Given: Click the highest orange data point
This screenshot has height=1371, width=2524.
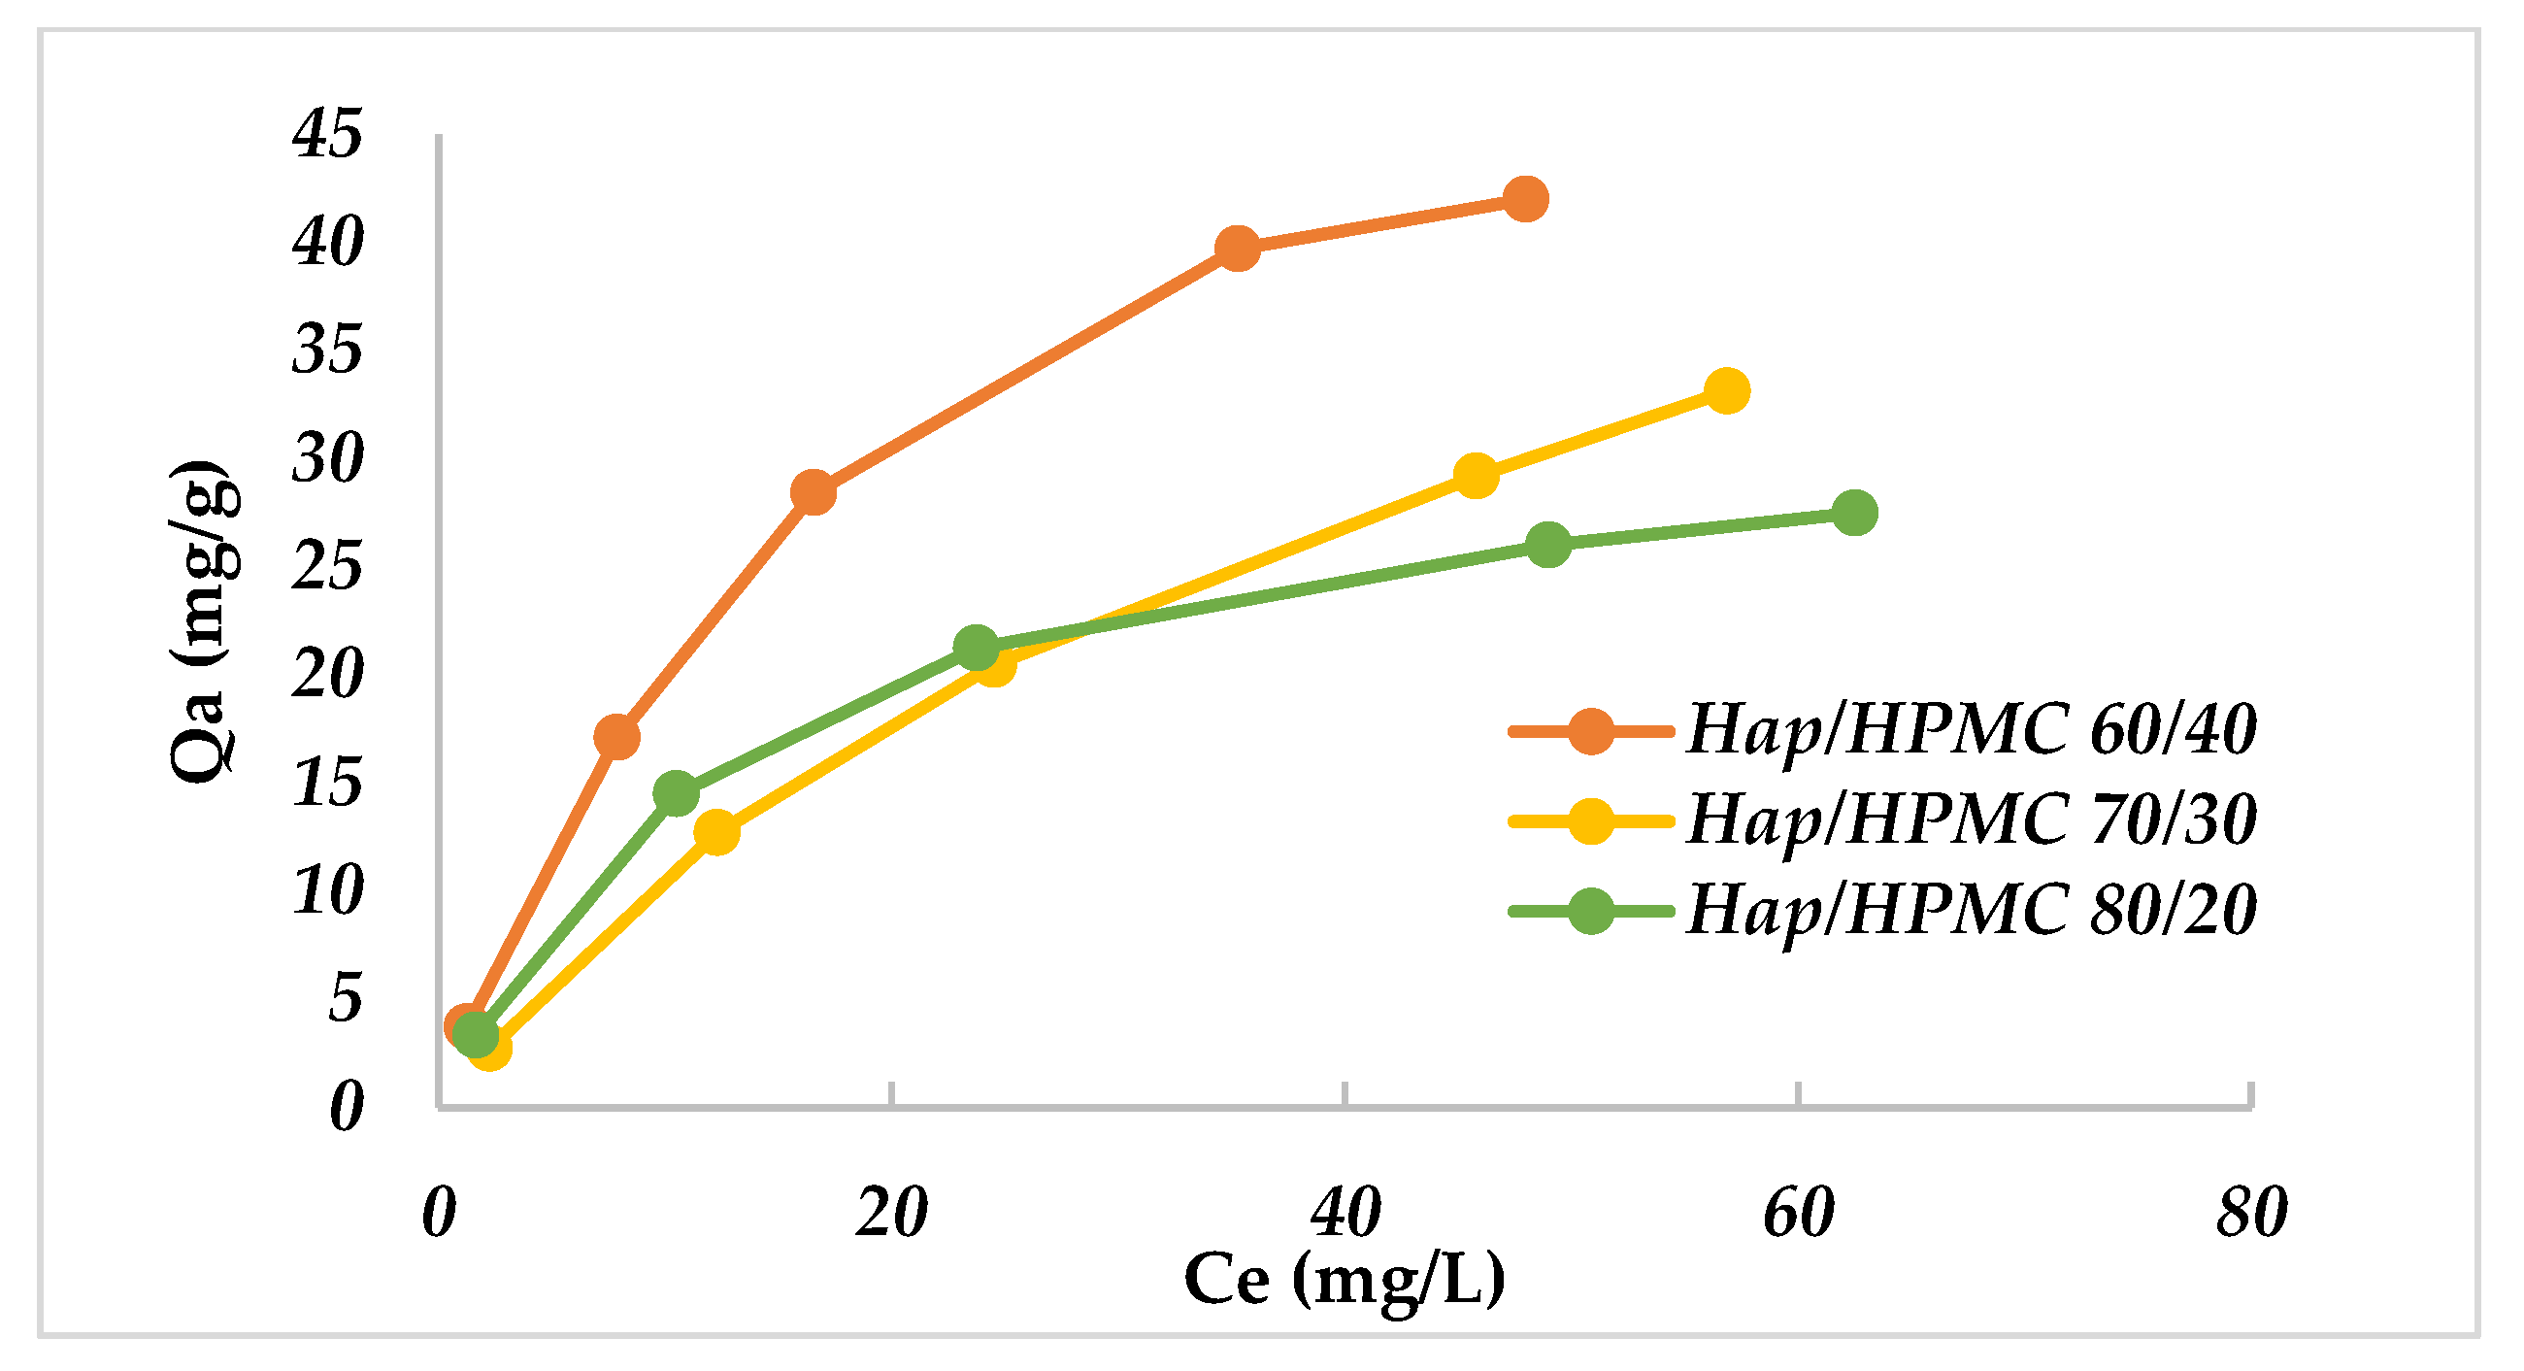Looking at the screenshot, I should pyautogui.click(x=1524, y=200).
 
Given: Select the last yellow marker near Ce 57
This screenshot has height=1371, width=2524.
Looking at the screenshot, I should pyautogui.click(x=1726, y=391).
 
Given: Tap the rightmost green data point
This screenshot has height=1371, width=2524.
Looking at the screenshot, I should pyautogui.click(x=1853, y=513).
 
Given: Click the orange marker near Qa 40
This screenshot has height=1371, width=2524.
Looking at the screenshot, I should pyautogui.click(x=1237, y=248).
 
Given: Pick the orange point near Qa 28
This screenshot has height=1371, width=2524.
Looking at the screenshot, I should pyautogui.click(x=813, y=491).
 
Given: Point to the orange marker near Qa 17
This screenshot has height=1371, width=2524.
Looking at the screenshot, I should pyautogui.click(x=616, y=736).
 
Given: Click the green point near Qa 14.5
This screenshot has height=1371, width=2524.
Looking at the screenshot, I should pyautogui.click(x=675, y=792).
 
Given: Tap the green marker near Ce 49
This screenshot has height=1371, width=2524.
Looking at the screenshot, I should pyautogui.click(x=1547, y=544).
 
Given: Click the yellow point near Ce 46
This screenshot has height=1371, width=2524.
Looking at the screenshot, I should pyautogui.click(x=1476, y=476).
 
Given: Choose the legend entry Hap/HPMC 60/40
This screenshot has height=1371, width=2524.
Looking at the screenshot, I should pyautogui.click(x=1972, y=730).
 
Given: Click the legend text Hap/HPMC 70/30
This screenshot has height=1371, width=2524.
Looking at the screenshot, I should pyautogui.click(x=1972, y=820).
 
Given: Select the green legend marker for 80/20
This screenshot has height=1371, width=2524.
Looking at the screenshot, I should pyautogui.click(x=1590, y=912).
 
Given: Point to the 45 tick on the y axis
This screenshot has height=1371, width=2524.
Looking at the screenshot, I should pyautogui.click(x=327, y=134).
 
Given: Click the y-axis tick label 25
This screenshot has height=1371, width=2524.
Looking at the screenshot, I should pyautogui.click(x=327, y=566).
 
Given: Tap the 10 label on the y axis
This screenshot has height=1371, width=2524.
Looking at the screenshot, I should pyautogui.click(x=327, y=890).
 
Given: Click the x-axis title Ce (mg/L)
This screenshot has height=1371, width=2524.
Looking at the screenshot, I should pyautogui.click(x=1345, y=1279).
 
